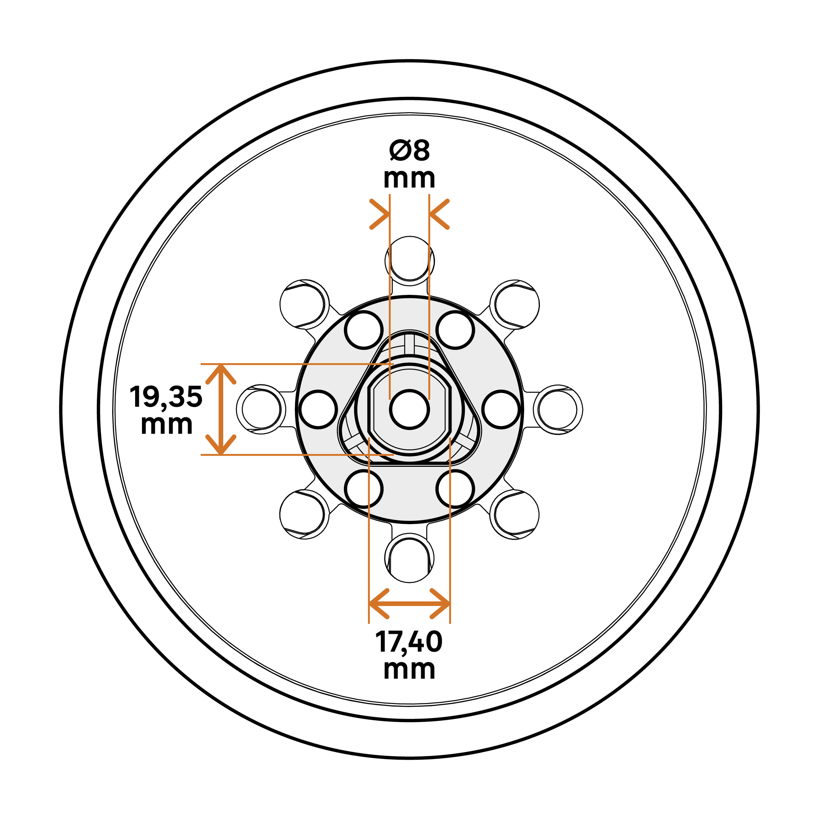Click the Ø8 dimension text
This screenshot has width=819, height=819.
(x=409, y=150)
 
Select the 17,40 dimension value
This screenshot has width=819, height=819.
(x=409, y=642)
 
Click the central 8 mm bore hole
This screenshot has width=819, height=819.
(x=409, y=409)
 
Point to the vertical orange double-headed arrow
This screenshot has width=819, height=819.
(x=221, y=409)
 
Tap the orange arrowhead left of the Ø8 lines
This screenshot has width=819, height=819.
(x=379, y=214)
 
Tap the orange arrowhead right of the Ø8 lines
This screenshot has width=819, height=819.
(x=439, y=214)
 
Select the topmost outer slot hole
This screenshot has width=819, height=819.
(x=409, y=259)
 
